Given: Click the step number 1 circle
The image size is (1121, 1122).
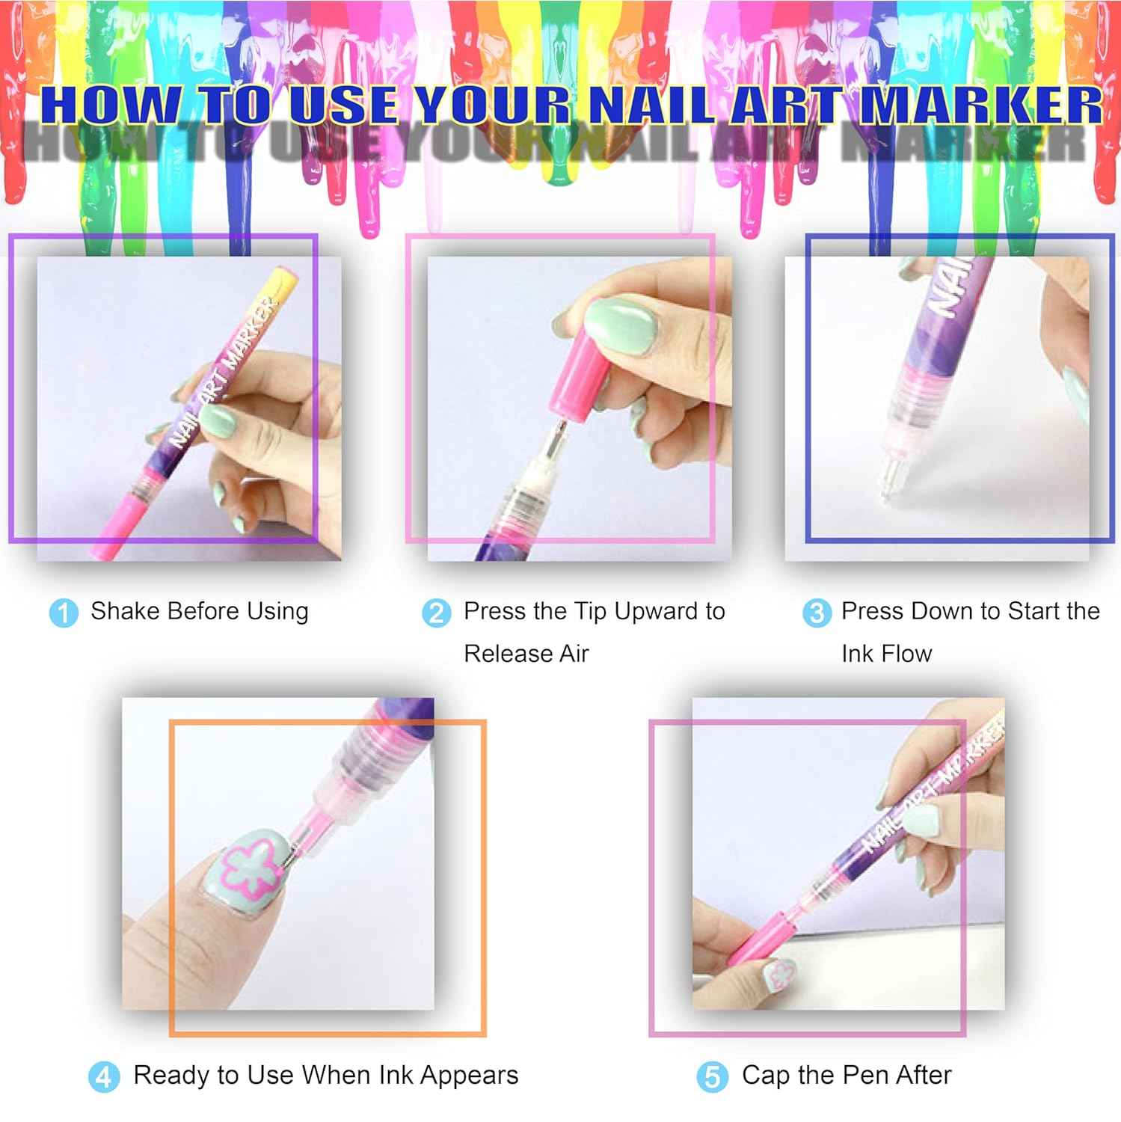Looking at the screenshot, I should [x=64, y=613].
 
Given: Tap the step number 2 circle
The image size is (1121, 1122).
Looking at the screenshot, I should [x=436, y=613].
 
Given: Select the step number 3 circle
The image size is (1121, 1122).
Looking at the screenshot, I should [x=816, y=613].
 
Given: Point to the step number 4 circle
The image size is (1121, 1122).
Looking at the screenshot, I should [x=104, y=1077].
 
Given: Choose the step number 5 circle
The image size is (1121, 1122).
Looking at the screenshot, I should [x=712, y=1077].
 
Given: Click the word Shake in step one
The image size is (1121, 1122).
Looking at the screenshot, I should [x=124, y=611].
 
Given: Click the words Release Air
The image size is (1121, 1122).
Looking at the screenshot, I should [x=526, y=654].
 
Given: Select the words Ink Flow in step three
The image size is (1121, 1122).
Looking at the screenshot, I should [x=886, y=654].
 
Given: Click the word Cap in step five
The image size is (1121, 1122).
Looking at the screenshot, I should [x=766, y=1075].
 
